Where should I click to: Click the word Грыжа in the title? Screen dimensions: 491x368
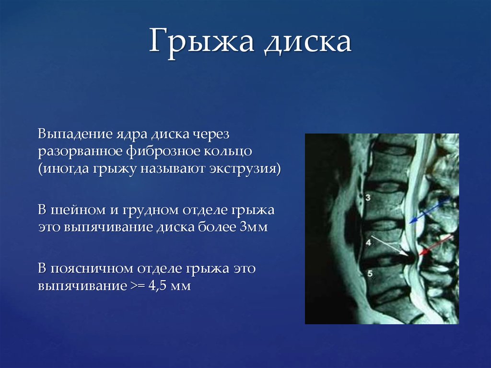(x=201, y=41)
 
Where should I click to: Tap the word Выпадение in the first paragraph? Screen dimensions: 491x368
(x=75, y=134)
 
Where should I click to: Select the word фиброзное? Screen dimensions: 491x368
(x=163, y=152)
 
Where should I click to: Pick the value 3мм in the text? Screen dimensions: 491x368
(x=254, y=227)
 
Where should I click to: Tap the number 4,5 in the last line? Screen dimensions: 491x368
(x=157, y=286)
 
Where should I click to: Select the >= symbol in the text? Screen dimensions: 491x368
(x=138, y=286)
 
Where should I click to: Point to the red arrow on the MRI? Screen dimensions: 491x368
(x=435, y=245)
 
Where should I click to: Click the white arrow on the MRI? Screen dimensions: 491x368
(x=389, y=246)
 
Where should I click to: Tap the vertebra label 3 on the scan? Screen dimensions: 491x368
(x=368, y=198)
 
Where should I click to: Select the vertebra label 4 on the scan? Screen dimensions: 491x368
(x=368, y=242)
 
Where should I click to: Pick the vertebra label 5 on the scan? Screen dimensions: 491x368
(x=370, y=274)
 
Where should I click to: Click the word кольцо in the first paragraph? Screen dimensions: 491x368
(x=228, y=152)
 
